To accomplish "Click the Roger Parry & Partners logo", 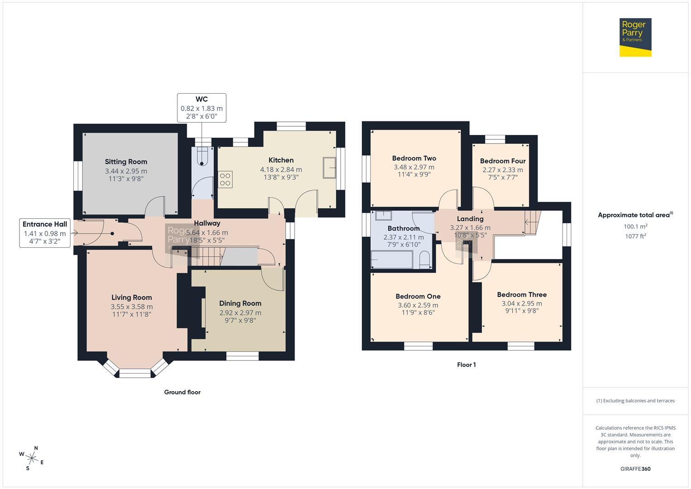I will click(x=635, y=38).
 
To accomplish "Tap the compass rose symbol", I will click(x=31, y=458).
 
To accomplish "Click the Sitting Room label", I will click(x=126, y=162).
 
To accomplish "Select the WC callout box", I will click(x=202, y=108).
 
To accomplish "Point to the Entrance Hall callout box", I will click(x=45, y=233).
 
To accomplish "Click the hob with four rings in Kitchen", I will click(x=225, y=179).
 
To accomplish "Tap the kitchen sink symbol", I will click(x=329, y=168).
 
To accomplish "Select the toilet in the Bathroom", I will click(x=424, y=261).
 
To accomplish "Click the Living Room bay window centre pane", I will click(x=135, y=373).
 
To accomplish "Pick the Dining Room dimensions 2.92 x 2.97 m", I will click(x=240, y=312).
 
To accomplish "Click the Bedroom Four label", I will click(x=503, y=161).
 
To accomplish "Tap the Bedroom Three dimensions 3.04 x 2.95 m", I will click(x=522, y=303).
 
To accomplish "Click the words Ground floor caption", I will click(x=182, y=392).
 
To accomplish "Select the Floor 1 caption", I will click(x=466, y=364).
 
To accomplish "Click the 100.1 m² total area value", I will click(x=635, y=226).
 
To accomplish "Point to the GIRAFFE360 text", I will click(x=635, y=469).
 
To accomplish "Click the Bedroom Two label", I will click(x=414, y=158).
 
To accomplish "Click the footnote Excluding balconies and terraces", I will click(x=635, y=401).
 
